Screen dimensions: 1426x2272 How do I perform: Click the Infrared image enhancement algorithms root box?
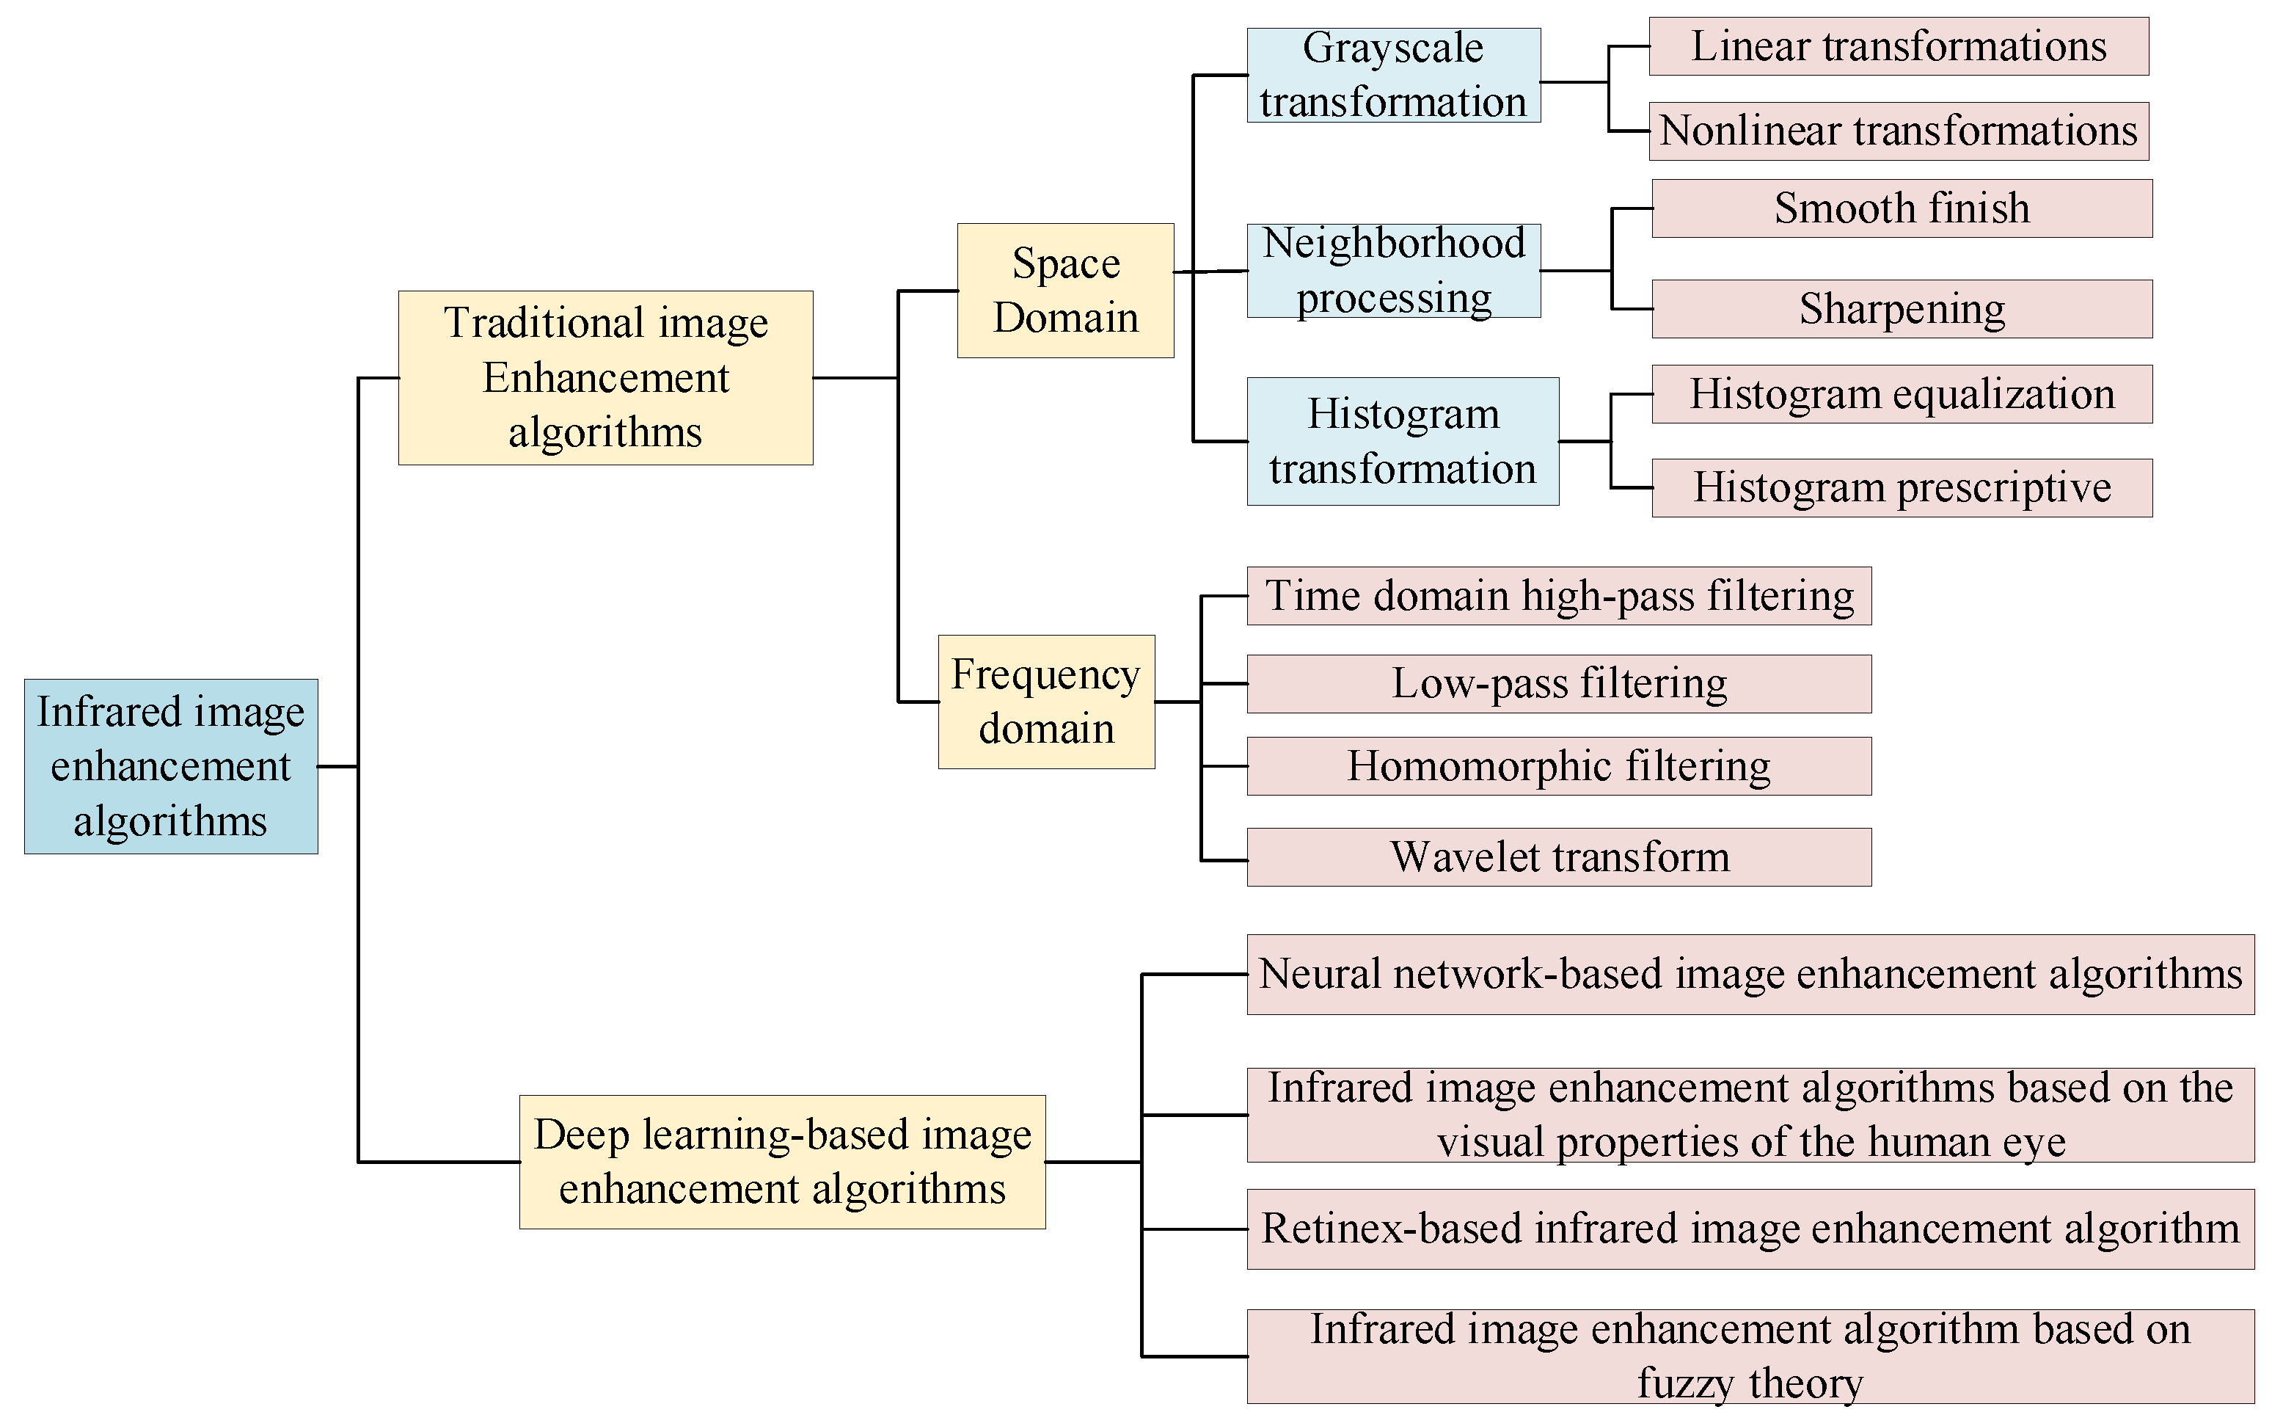point(171,765)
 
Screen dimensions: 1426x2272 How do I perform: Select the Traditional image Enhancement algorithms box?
point(605,377)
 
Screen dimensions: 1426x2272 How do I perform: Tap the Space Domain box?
point(1065,291)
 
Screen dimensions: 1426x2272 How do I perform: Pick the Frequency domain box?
point(1045,702)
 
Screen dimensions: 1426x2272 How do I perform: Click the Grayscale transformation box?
point(1392,75)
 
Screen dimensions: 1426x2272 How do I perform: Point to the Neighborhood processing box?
point(1392,271)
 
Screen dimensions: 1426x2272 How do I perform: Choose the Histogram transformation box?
point(1402,441)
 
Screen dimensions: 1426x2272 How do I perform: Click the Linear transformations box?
point(1898,46)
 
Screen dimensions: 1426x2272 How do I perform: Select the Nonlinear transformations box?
point(1898,131)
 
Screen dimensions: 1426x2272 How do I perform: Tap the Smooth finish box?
point(1902,208)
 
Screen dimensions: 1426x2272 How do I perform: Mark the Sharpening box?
point(1902,308)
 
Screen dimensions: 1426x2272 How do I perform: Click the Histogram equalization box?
point(1902,394)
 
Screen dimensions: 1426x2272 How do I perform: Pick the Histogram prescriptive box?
point(1902,487)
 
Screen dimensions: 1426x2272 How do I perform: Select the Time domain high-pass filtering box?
point(1558,596)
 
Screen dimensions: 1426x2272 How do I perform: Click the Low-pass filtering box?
point(1558,684)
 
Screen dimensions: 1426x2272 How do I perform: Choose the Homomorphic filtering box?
point(1558,765)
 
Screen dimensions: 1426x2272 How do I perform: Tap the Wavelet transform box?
point(1558,857)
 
